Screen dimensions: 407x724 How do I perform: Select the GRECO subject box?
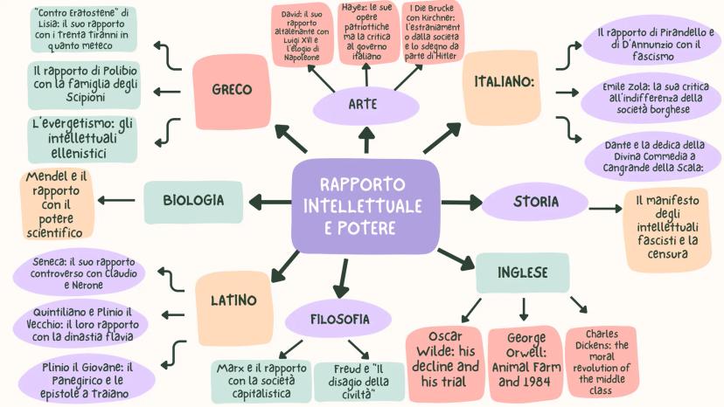pos(232,90)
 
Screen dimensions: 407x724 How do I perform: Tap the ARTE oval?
pos(362,105)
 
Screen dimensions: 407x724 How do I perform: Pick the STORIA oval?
pos(535,202)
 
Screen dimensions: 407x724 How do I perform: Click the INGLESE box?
pos(522,272)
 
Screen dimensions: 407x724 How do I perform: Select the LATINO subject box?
pos(233,301)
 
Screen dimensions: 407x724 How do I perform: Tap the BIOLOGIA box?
pos(193,201)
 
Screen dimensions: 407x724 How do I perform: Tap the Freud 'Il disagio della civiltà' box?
pos(359,382)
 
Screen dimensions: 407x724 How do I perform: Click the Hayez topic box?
pos(368,32)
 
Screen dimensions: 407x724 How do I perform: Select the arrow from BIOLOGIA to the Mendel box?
pos(116,200)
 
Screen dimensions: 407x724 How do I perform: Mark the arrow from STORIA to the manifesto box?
pos(605,208)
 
